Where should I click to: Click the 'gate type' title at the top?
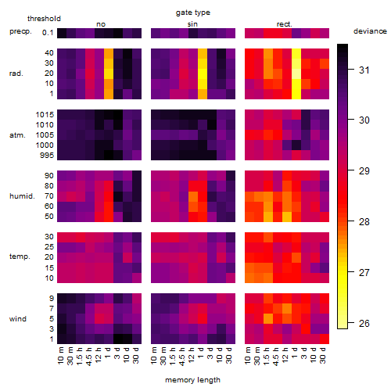pyautogui.click(x=193, y=13)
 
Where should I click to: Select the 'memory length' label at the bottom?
pyautogui.click(x=192, y=380)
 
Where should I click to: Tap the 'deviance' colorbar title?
pyautogui.click(x=370, y=31)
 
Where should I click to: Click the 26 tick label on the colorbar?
pyautogui.click(x=364, y=324)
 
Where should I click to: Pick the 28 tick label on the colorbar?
pyautogui.click(x=364, y=222)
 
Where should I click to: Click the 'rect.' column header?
pyautogui.click(x=285, y=24)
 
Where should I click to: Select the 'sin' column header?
pyautogui.click(x=192, y=24)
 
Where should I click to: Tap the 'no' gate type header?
pyautogui.click(x=101, y=24)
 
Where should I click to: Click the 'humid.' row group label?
pyautogui.click(x=22, y=196)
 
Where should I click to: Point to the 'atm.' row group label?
pyautogui.click(x=17, y=135)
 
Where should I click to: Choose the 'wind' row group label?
pyautogui.click(x=18, y=319)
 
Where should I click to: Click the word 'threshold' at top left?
pyautogui.click(x=44, y=19)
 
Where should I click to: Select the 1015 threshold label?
pyautogui.click(x=45, y=115)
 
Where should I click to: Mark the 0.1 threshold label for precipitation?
pyautogui.click(x=48, y=33)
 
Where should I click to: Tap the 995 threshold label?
pyautogui.click(x=47, y=156)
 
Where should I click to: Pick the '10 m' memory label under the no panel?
pyautogui.click(x=60, y=355)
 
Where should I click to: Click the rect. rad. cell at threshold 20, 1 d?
pyautogui.click(x=296, y=74)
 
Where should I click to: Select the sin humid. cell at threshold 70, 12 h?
pyautogui.click(x=193, y=196)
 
